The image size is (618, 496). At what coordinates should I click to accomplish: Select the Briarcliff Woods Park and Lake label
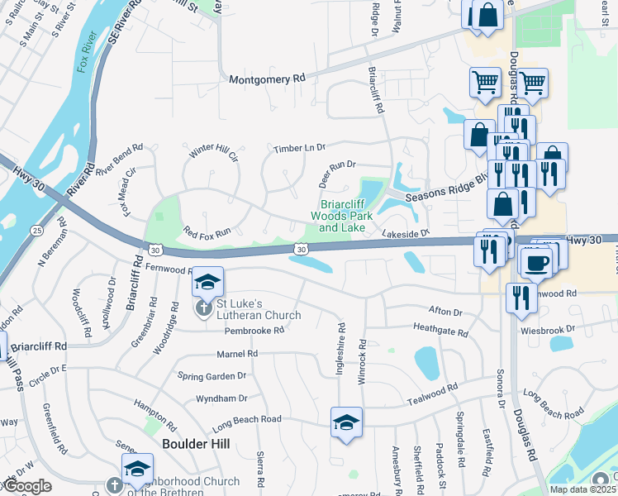click(342, 217)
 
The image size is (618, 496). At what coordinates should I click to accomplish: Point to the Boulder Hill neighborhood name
click(195, 443)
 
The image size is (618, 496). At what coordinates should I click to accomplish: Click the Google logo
click(28, 487)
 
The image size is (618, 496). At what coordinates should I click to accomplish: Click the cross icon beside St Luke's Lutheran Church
click(202, 309)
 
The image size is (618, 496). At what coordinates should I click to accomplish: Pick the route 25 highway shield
click(36, 229)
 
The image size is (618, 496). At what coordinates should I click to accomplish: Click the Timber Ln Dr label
click(300, 147)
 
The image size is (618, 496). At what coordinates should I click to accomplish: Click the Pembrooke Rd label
click(254, 330)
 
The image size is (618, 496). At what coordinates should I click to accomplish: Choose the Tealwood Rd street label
click(431, 394)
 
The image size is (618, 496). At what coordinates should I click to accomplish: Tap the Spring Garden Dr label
click(212, 375)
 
